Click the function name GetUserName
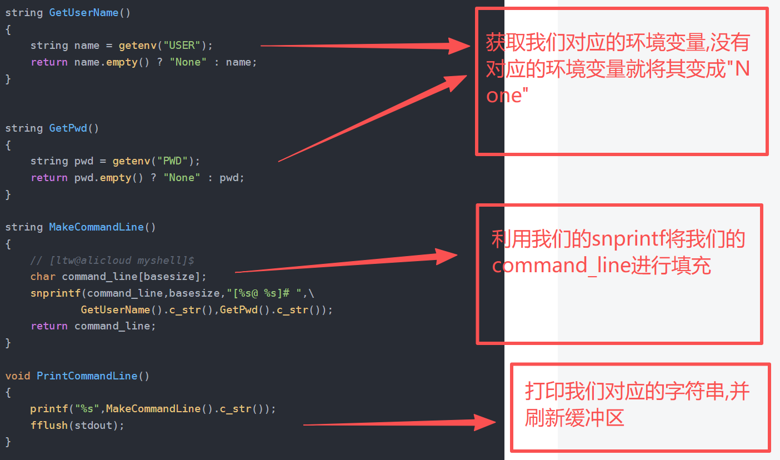83,12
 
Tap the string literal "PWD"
175,161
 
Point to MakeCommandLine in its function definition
96,227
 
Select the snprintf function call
56,293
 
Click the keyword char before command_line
43,276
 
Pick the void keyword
18,376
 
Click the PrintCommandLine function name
87,376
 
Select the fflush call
49,425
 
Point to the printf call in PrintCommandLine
49,408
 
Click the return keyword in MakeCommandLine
49,326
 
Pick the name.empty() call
106,62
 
